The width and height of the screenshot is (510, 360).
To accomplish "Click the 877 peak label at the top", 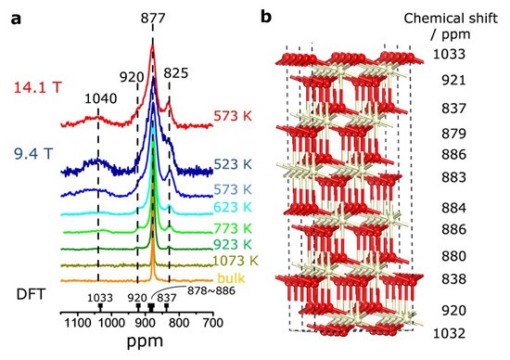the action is click(153, 19).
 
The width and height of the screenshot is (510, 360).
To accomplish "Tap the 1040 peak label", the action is click(100, 98).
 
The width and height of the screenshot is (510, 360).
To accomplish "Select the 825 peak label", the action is click(175, 73).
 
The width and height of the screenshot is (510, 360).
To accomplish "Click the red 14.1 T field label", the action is click(37, 87).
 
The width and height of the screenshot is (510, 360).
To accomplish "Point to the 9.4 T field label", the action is click(32, 154).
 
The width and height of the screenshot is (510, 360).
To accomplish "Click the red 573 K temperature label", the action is click(233, 116).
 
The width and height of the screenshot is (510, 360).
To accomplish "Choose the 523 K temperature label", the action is click(233, 164).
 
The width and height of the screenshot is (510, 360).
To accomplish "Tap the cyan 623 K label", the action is click(233, 207).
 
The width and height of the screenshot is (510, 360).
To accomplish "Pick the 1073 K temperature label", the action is click(236, 261).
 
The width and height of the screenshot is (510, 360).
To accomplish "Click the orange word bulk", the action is click(231, 278).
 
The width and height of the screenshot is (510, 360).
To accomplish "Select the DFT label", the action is click(31, 294).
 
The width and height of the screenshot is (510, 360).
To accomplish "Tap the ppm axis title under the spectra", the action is click(145, 341).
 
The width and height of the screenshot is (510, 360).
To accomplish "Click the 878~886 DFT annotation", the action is click(210, 290).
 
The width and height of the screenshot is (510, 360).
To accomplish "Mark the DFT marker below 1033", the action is click(100, 306).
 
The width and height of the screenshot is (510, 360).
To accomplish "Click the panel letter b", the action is click(266, 17).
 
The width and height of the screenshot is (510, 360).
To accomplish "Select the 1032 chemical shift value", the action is click(449, 333).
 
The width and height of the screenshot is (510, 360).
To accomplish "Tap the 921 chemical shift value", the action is click(453, 80).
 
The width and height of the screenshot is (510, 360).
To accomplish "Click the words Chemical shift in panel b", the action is click(451, 19).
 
